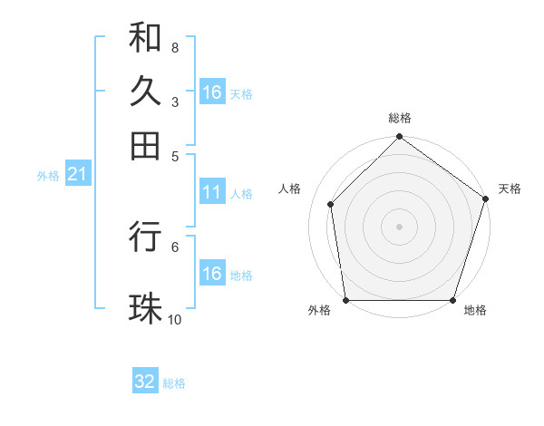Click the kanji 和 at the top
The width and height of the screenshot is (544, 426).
145,38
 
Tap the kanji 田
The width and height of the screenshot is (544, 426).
145,144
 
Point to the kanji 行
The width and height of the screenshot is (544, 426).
145,237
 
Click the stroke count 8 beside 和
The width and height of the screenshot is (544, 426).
174,47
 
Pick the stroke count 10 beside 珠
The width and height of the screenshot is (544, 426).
175,319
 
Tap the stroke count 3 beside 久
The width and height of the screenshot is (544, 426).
174,102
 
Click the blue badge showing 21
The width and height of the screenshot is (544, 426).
77,174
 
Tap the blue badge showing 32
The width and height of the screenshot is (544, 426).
145,382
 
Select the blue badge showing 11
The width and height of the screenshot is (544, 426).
212,192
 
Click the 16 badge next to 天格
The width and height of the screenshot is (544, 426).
212,92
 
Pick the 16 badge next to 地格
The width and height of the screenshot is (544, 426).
212,274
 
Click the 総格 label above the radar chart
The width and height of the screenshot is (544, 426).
400,119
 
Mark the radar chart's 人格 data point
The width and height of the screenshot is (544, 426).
331,204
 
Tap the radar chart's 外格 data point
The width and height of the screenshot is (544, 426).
346,300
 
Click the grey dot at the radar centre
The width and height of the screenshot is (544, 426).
400,226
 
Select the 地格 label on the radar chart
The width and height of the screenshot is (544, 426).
475,311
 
